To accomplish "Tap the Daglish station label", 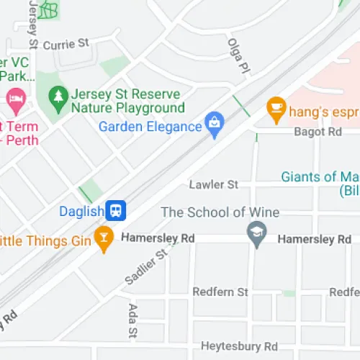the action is pyautogui.click(x=82, y=212).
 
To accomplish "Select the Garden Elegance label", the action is pyautogui.click(x=150, y=127).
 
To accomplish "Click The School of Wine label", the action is pyautogui.click(x=220, y=212).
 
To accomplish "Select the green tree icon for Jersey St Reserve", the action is pyautogui.click(x=57, y=96).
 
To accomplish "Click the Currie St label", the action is pyautogui.click(x=66, y=45).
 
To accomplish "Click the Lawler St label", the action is pyautogui.click(x=213, y=185).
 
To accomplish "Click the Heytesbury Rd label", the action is pyautogui.click(x=239, y=346).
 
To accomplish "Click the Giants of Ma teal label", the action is pyautogui.click(x=319, y=176).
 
